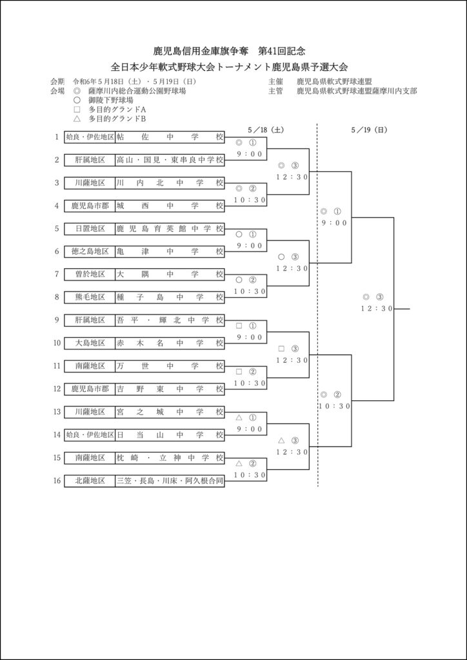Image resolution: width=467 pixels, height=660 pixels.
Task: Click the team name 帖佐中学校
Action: [x=170, y=137]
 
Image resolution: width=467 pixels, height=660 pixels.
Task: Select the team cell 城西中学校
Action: [x=170, y=206]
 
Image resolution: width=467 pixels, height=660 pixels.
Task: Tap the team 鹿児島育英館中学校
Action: [x=170, y=228]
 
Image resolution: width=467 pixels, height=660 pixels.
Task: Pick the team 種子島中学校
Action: [x=170, y=297]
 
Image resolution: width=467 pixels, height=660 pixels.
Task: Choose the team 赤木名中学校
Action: [x=170, y=343]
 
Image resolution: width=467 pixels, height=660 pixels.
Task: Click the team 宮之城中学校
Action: [x=170, y=411]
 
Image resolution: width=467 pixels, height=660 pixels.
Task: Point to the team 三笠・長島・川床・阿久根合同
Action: [x=170, y=480]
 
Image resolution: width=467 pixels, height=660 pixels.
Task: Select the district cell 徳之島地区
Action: [x=90, y=251]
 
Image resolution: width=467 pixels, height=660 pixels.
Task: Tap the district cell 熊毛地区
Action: [x=90, y=297]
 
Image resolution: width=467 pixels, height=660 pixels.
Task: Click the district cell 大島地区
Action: [x=90, y=343]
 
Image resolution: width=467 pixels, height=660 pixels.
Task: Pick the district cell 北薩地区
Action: [x=90, y=480]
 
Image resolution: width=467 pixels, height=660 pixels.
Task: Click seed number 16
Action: [x=57, y=480]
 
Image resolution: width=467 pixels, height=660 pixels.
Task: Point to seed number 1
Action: [x=57, y=137]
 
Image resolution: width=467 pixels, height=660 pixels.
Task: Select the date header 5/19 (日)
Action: [x=369, y=129]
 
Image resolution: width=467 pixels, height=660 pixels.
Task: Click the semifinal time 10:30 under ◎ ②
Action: [x=334, y=406]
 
